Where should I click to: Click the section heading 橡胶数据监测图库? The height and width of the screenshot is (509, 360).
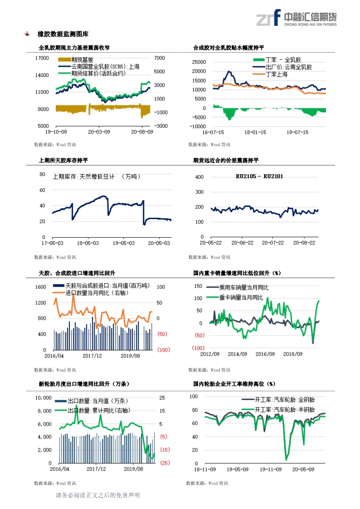click(x=63, y=34)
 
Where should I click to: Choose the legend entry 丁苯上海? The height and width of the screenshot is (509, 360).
click(x=277, y=74)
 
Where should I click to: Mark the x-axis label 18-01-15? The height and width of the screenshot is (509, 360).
click(x=255, y=132)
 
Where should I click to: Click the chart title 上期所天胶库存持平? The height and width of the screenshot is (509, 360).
click(x=64, y=161)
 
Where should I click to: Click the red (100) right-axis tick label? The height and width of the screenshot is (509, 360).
click(x=163, y=350)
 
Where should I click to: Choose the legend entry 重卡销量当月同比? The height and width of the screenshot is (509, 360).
click(x=241, y=298)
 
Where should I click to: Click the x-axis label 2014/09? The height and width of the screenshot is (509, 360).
click(x=237, y=354)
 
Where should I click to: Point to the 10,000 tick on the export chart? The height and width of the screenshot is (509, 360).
click(x=43, y=398)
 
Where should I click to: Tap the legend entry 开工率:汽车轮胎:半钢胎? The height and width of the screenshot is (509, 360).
click(x=285, y=409)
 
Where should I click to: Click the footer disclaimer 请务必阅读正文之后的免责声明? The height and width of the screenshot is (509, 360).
click(x=98, y=495)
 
